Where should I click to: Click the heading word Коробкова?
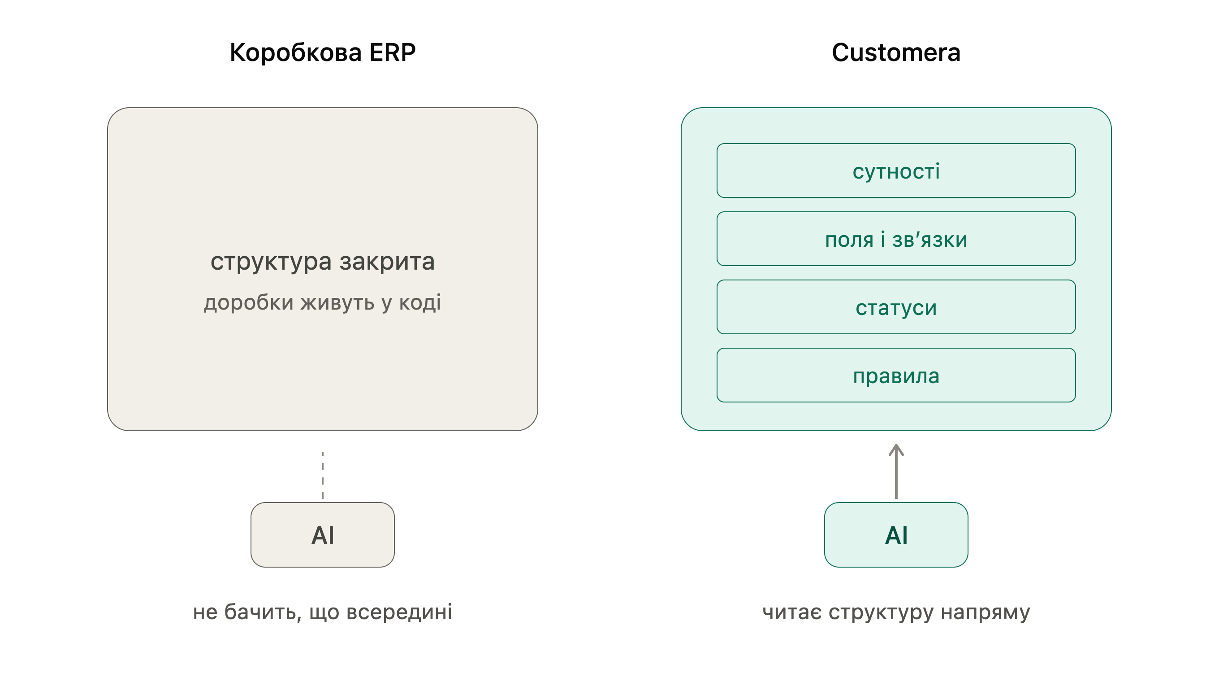pyautogui.click(x=296, y=52)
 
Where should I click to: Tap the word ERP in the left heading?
pyautogui.click(x=392, y=52)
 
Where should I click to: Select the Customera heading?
pyautogui.click(x=896, y=52)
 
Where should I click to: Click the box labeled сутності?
pyautogui.click(x=896, y=170)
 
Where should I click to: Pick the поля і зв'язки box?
pyautogui.click(x=896, y=239)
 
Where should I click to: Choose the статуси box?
pyautogui.click(x=896, y=307)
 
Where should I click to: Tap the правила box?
pyautogui.click(x=896, y=375)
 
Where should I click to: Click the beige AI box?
pyautogui.click(x=323, y=535)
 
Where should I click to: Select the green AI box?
pyautogui.click(x=896, y=535)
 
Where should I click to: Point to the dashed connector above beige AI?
pyautogui.click(x=323, y=476)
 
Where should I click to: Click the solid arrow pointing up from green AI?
pyautogui.click(x=896, y=471)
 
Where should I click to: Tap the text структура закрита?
pyautogui.click(x=323, y=262)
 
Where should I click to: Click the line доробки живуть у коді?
pyautogui.click(x=323, y=302)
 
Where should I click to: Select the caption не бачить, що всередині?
pyautogui.click(x=323, y=612)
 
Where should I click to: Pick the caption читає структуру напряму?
pyautogui.click(x=896, y=612)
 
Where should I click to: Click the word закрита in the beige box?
pyautogui.click(x=387, y=262)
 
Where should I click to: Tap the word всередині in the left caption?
pyautogui.click(x=399, y=612)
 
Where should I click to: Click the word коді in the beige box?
pyautogui.click(x=420, y=302)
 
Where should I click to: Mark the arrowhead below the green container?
pyautogui.click(x=896, y=450)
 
